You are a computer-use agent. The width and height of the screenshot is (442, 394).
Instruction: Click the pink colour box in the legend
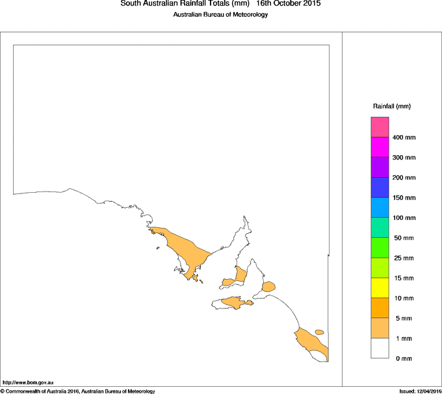(x=380, y=127)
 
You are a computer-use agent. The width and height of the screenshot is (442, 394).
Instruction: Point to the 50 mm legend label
(x=403, y=238)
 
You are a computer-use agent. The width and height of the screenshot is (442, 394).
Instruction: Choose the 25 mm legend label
(x=403, y=258)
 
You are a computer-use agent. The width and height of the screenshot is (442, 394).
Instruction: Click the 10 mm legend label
(x=403, y=299)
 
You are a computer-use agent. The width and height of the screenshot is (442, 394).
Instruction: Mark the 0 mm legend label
(x=402, y=359)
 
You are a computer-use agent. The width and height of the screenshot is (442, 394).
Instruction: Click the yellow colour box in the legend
(x=380, y=288)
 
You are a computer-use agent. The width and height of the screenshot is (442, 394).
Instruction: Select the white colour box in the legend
(x=380, y=349)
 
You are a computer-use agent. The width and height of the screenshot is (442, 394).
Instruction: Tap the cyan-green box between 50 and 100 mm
(x=380, y=228)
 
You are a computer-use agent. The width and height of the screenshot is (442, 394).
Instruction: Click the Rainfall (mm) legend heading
(x=392, y=106)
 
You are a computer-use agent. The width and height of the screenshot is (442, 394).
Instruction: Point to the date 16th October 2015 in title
(x=288, y=4)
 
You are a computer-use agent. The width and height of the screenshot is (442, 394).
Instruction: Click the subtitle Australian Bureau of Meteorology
(x=220, y=15)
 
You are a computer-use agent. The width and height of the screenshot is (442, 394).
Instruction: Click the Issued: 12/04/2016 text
(x=420, y=391)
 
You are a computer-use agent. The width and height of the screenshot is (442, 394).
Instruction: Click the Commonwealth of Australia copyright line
(x=78, y=391)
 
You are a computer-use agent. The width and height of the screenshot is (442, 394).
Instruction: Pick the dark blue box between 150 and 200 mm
(x=380, y=188)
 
